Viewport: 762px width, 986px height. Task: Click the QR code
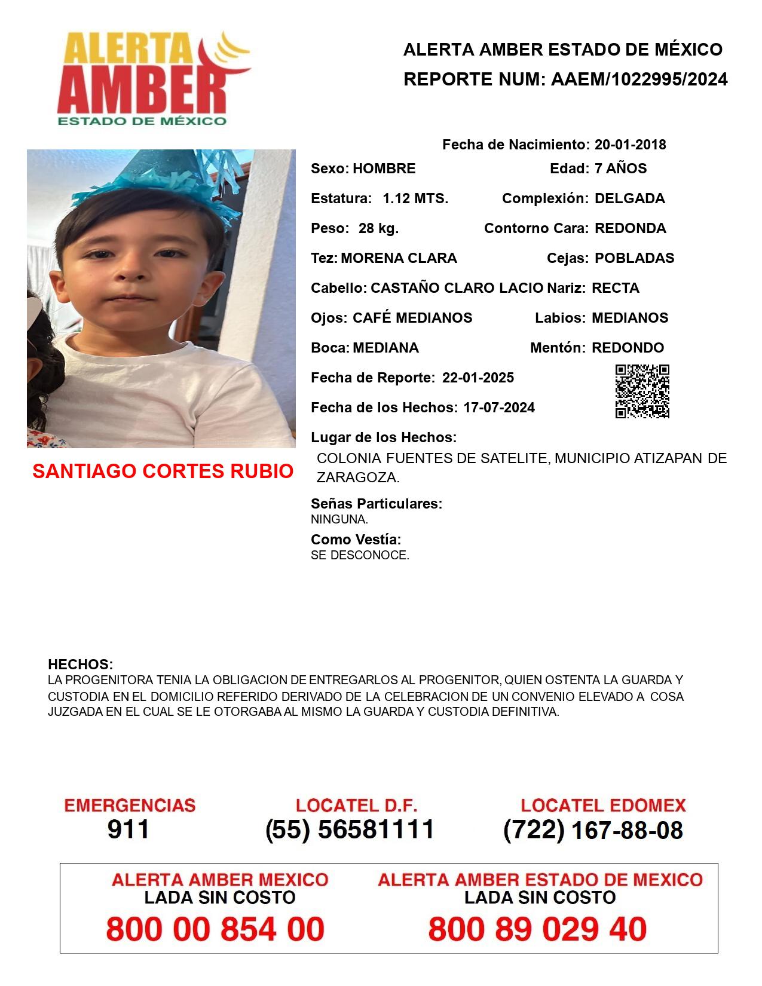point(642,391)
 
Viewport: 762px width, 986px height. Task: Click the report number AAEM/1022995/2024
point(639,79)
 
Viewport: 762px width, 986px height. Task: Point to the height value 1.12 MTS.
point(415,198)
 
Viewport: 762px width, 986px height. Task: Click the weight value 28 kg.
point(378,228)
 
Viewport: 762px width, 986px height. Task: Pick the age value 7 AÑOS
point(620,169)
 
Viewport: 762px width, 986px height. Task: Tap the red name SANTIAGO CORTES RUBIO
point(163,471)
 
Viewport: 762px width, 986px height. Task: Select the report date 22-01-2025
point(478,378)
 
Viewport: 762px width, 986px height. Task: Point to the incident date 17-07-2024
point(499,408)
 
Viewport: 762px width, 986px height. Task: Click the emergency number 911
point(128,829)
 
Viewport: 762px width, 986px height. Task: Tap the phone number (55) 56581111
point(350,829)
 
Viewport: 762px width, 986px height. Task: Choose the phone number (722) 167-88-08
point(593,830)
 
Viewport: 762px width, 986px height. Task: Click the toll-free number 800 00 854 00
point(215,929)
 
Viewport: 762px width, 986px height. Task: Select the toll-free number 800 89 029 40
point(537,929)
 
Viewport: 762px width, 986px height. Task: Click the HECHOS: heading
point(80,665)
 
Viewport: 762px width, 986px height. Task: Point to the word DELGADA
point(629,198)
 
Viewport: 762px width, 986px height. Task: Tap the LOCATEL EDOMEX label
point(603,806)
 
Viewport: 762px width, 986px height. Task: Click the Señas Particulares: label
point(377,504)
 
